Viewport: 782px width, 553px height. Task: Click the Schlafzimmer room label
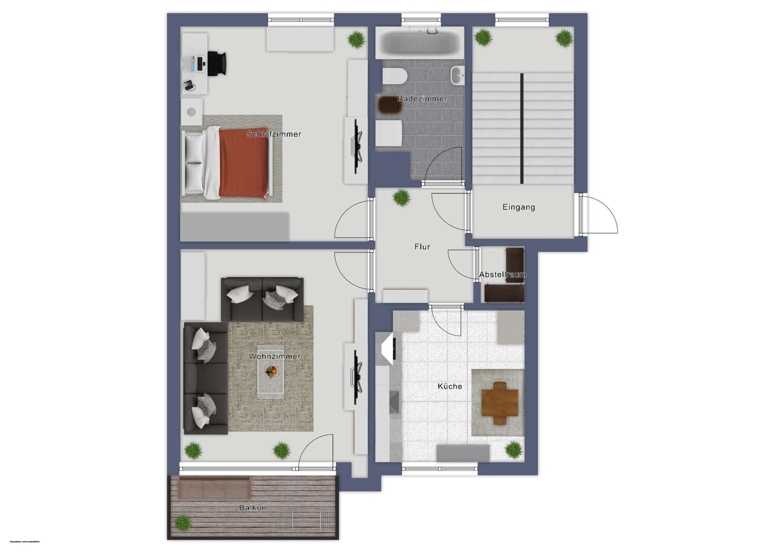(x=274, y=134)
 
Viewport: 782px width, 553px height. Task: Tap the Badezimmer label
(x=422, y=99)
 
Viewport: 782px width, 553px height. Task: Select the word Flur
(x=422, y=247)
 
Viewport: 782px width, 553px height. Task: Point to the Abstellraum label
(x=503, y=275)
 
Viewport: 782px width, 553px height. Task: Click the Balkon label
(x=253, y=508)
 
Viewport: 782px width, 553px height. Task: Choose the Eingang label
(x=518, y=207)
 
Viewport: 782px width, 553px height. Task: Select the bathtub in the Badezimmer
(x=420, y=42)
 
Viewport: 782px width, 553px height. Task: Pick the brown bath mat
(x=390, y=105)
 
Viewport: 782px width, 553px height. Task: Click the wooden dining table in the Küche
(x=500, y=403)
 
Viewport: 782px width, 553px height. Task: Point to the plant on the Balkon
(x=182, y=522)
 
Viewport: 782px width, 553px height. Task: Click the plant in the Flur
(x=402, y=197)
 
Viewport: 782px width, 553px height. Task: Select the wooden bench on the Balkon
(x=214, y=487)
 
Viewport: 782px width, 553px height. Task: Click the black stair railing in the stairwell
(x=522, y=128)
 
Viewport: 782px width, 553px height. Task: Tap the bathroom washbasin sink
(x=457, y=75)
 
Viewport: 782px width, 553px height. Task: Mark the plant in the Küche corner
(x=514, y=450)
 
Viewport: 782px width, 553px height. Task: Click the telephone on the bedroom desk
(x=189, y=85)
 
